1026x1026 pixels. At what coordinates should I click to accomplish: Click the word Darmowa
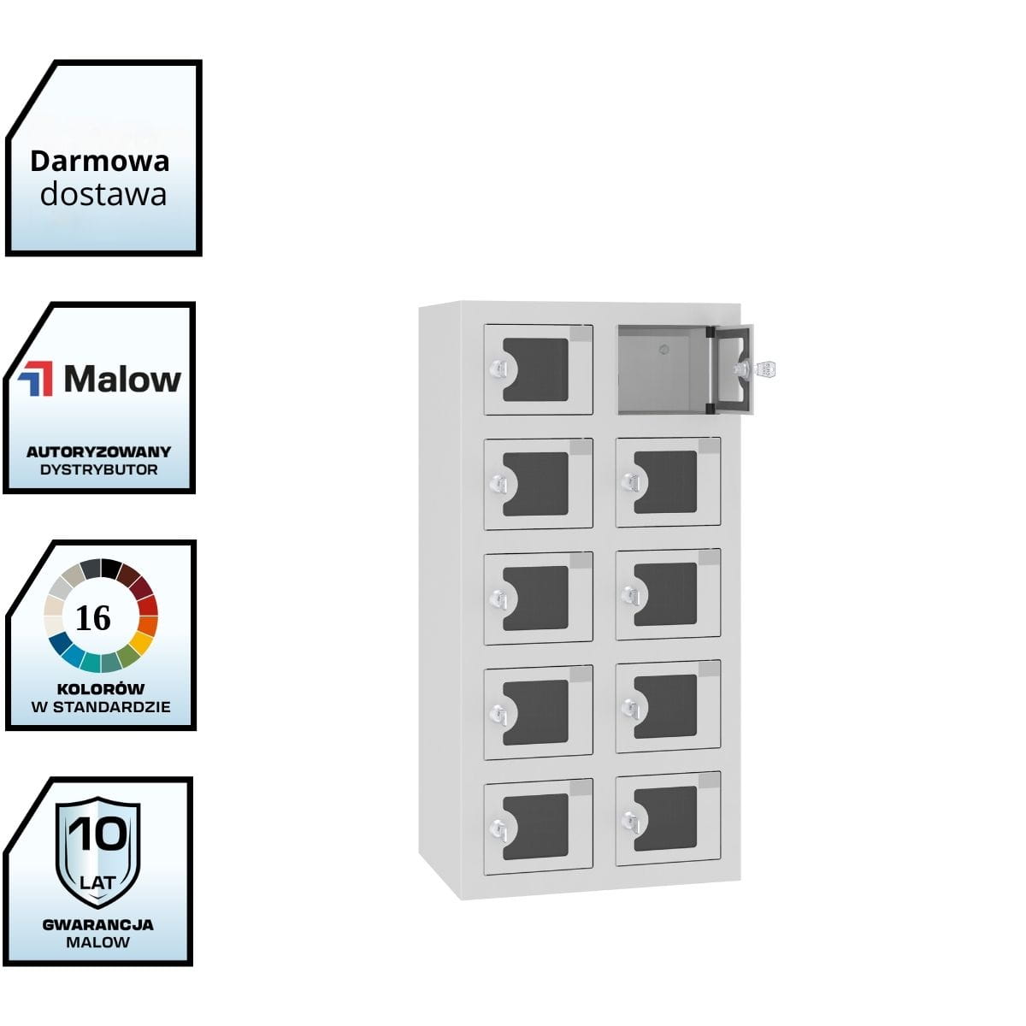(x=100, y=161)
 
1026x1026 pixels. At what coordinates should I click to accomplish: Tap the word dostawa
(x=103, y=194)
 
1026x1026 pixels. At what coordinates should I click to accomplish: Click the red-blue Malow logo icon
(x=36, y=378)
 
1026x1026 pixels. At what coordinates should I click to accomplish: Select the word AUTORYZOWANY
(x=98, y=451)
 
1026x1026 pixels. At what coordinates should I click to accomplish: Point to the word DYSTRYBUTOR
(x=98, y=469)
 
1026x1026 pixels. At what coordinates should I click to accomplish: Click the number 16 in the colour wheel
(x=93, y=617)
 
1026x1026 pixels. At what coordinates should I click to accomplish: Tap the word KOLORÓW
(x=100, y=688)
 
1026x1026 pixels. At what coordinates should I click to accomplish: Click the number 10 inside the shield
(x=98, y=834)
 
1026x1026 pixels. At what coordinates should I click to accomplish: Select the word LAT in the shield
(x=97, y=881)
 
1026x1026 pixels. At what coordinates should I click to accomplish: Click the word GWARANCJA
(x=98, y=924)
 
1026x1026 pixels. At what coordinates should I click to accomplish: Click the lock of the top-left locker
(x=498, y=369)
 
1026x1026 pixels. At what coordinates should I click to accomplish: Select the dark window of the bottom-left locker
(x=537, y=826)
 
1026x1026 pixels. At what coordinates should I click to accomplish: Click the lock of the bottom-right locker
(x=630, y=823)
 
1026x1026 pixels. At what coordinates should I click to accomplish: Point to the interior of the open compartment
(x=660, y=368)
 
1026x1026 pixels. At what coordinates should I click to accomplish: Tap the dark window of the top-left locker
(x=537, y=369)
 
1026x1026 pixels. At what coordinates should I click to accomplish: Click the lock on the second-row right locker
(x=630, y=483)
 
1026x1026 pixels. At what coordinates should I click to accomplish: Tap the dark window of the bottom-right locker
(x=667, y=818)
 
